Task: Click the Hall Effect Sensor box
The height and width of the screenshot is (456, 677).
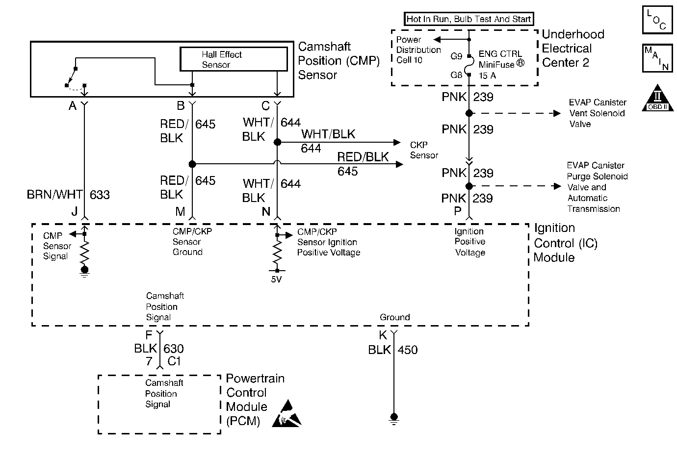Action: [x=234, y=59]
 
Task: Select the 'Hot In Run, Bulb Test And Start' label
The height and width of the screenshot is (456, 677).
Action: [x=469, y=19]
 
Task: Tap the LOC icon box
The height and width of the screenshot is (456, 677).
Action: [x=657, y=21]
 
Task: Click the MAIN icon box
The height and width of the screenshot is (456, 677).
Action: [x=657, y=58]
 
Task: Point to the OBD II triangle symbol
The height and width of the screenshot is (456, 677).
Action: [x=657, y=99]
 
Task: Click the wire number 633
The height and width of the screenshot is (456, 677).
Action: [x=100, y=195]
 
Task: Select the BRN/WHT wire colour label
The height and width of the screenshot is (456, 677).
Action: [x=54, y=195]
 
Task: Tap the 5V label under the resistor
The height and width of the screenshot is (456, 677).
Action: [x=277, y=279]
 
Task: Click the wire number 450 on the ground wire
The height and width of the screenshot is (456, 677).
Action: [x=408, y=350]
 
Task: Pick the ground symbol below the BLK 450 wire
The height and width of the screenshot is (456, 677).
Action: [x=393, y=418]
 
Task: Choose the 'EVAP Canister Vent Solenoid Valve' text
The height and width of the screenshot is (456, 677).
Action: [x=597, y=113]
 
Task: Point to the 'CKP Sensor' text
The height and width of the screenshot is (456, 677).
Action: [x=424, y=150]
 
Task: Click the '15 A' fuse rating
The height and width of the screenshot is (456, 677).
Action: [x=487, y=76]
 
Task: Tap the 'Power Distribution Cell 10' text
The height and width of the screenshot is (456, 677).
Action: [x=418, y=50]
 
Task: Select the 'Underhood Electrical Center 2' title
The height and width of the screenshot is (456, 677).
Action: [x=573, y=49]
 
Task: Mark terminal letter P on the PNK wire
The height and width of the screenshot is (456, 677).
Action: [x=458, y=211]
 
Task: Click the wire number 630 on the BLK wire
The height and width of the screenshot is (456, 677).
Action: [x=173, y=349]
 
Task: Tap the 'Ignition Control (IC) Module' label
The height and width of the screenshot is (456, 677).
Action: [x=565, y=243]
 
